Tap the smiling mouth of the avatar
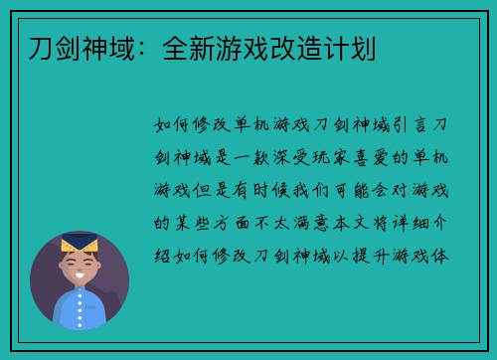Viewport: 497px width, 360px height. pyautogui.click(x=79, y=277)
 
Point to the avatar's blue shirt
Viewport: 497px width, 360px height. pyautogui.click(x=80, y=308)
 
